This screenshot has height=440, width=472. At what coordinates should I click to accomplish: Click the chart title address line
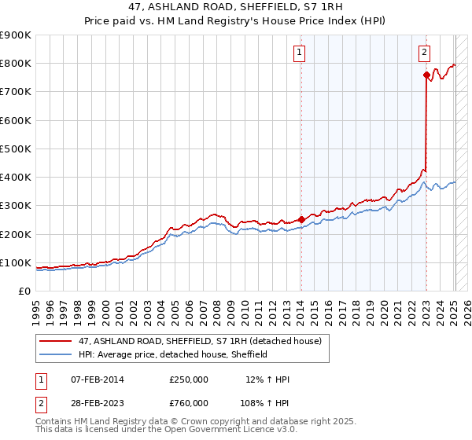pyautogui.click(x=236, y=7)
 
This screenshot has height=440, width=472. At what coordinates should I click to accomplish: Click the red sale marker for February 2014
pyautogui.click(x=301, y=219)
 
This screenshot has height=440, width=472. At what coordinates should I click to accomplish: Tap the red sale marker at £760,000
pyautogui.click(x=426, y=75)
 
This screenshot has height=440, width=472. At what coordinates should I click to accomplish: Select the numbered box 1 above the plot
pyautogui.click(x=300, y=53)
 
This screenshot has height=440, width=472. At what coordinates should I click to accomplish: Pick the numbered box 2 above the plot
pyautogui.click(x=424, y=53)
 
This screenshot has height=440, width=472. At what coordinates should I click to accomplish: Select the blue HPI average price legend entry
pyautogui.click(x=173, y=354)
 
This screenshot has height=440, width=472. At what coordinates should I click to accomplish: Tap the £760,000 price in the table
pyautogui.click(x=189, y=403)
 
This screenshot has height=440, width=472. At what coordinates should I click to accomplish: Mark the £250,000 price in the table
pyautogui.click(x=189, y=379)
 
